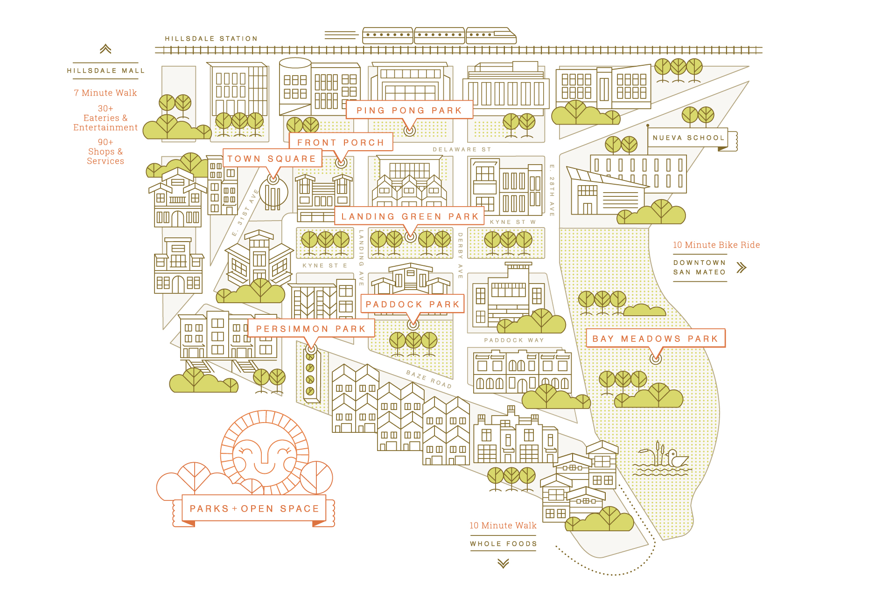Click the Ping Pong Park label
pyautogui.click(x=409, y=110)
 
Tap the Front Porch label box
pyautogui.click(x=341, y=142)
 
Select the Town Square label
pyautogui.click(x=272, y=159)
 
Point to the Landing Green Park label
pyautogui.click(x=410, y=216)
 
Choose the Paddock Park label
pyautogui.click(x=413, y=304)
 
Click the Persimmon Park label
pyautogui.click(x=311, y=329)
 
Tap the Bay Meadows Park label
pyautogui.click(x=655, y=339)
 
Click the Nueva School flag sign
pyautogui.click(x=688, y=138)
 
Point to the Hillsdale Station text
pyautogui.click(x=211, y=39)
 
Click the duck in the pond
pyautogui.click(x=676, y=458)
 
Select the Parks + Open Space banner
pyautogui.click(x=254, y=509)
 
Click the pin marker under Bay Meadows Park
pyautogui.click(x=656, y=358)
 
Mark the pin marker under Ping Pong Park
pyautogui.click(x=409, y=131)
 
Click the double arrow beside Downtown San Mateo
pyautogui.click(x=741, y=268)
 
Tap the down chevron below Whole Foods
pyautogui.click(x=503, y=563)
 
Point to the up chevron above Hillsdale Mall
pyautogui.click(x=105, y=49)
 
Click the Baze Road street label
pyautogui.click(x=428, y=379)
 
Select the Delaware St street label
pyautogui.click(x=462, y=150)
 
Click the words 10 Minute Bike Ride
pyautogui.click(x=716, y=245)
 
